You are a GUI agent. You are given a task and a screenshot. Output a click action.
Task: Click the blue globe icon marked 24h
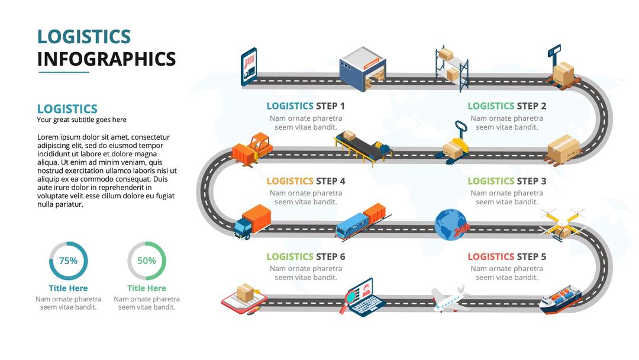click(452, 226)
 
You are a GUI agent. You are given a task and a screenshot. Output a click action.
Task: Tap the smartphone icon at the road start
click(249, 67)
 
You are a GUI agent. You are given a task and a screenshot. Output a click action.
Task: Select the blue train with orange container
click(361, 221)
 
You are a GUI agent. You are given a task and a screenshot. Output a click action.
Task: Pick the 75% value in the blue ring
click(68, 261)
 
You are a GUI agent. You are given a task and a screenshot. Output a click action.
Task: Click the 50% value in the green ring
click(147, 261)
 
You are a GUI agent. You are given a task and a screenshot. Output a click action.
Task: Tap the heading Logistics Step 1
click(305, 106)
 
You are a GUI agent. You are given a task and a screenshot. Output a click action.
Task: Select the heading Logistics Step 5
click(506, 256)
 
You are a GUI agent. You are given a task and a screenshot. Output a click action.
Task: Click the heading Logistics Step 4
click(305, 181)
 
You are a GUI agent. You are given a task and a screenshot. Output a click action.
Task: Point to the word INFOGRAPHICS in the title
click(106, 59)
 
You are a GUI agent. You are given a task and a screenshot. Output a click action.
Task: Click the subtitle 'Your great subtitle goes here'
click(82, 120)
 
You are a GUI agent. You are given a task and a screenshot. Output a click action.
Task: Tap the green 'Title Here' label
click(147, 288)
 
